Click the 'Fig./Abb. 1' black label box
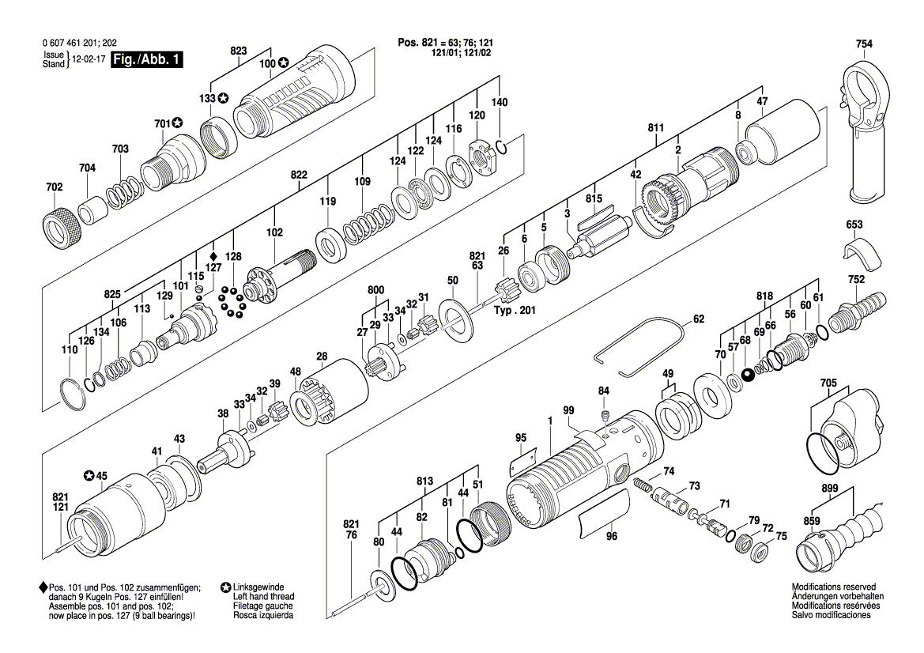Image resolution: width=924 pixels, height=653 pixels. (147, 60)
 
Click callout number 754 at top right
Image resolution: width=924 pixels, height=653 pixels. (864, 44)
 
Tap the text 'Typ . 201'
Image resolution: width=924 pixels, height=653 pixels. (515, 311)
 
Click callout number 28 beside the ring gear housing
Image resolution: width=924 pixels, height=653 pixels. (322, 356)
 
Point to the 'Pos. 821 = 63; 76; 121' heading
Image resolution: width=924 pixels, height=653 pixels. (449, 42)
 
